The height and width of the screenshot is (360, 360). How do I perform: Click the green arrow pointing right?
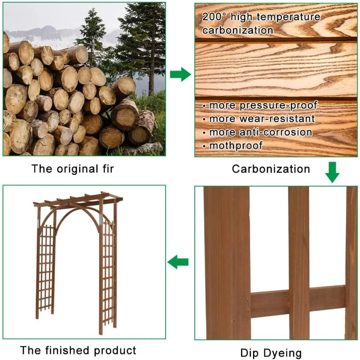coord(180,74)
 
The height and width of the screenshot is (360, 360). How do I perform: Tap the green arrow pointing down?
coord(332,172)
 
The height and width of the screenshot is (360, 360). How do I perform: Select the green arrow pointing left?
coord(178,262)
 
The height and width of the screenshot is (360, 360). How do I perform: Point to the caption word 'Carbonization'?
coord(271,169)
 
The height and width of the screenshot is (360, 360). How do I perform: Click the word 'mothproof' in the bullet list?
coord(236,146)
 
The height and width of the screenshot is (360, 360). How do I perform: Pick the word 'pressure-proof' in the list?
coord(279,105)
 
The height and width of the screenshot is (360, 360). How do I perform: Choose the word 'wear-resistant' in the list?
coord(277,119)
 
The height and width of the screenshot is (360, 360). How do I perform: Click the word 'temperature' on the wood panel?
coord(288,17)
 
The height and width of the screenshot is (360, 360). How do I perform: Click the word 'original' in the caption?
coord(78,169)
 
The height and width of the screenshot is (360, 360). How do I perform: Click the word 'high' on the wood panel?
coord(242,17)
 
